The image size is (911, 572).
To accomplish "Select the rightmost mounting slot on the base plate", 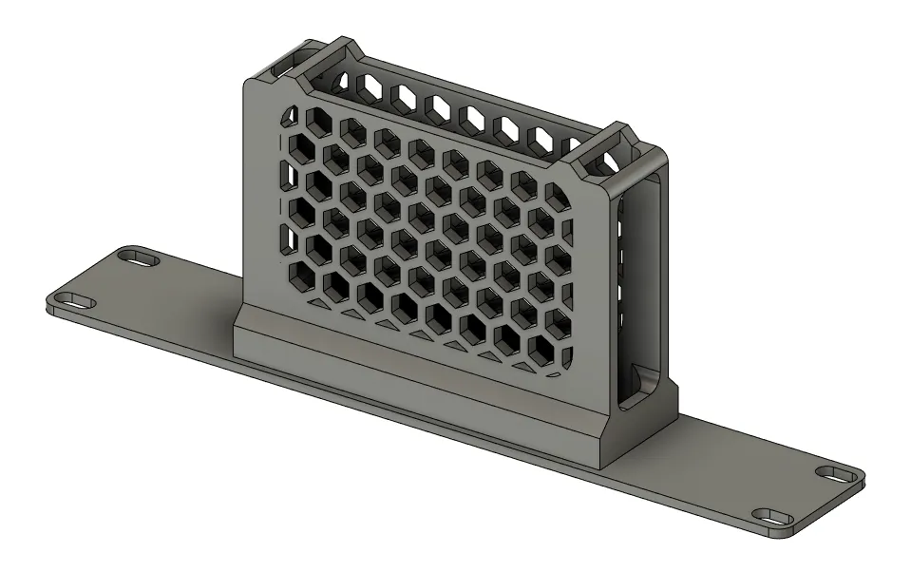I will click(x=837, y=473).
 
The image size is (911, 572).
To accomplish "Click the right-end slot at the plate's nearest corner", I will click(x=774, y=518).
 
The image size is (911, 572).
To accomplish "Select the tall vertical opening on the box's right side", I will click(x=638, y=285).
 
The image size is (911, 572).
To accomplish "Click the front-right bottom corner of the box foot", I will click(x=608, y=467).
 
